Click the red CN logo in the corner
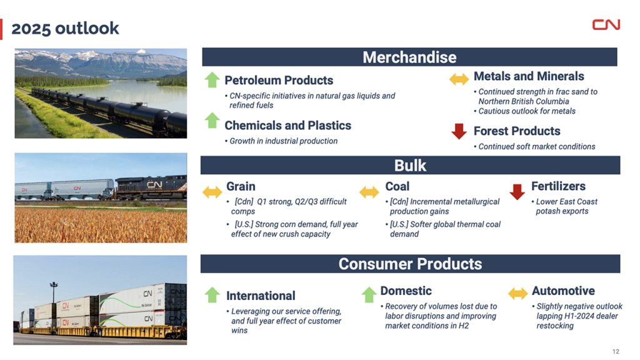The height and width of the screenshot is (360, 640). (606, 24)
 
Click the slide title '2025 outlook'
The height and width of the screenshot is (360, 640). (65, 29)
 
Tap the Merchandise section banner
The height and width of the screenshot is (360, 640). (409, 57)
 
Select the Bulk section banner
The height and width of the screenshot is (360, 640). (410, 165)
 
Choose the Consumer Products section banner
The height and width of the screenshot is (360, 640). (410, 264)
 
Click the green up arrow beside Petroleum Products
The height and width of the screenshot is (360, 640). (212, 80)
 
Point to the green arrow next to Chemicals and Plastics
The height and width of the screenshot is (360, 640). (212, 121)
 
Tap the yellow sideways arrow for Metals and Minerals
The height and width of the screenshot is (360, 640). (459, 79)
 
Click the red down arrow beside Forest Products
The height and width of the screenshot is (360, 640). (459, 131)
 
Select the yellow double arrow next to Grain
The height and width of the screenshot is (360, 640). (212, 192)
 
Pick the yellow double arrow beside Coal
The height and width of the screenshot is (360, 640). (369, 192)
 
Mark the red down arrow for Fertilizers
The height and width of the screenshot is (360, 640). (517, 192)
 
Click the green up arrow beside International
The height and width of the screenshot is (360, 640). (212, 295)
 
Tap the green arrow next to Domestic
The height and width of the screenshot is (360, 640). (369, 295)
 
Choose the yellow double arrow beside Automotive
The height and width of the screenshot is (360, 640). (518, 293)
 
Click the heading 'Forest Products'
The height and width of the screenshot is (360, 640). (517, 131)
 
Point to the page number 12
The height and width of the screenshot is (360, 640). (616, 351)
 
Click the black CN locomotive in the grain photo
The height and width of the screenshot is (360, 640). (151, 187)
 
